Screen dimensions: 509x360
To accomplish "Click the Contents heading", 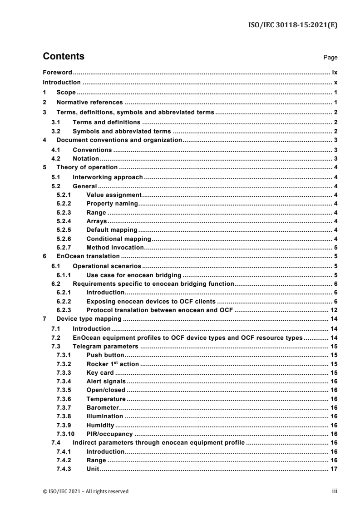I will point(63,57).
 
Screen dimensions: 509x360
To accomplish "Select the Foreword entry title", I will point(58,72).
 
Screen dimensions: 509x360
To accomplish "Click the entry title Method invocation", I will point(115,247).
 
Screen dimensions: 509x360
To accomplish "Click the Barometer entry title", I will point(102,408).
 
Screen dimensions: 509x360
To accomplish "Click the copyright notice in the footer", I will point(85,491).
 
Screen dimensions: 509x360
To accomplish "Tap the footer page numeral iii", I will point(335,491).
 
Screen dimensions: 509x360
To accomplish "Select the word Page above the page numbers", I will point(330,58).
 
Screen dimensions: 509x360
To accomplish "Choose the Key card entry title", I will point(100,373).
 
